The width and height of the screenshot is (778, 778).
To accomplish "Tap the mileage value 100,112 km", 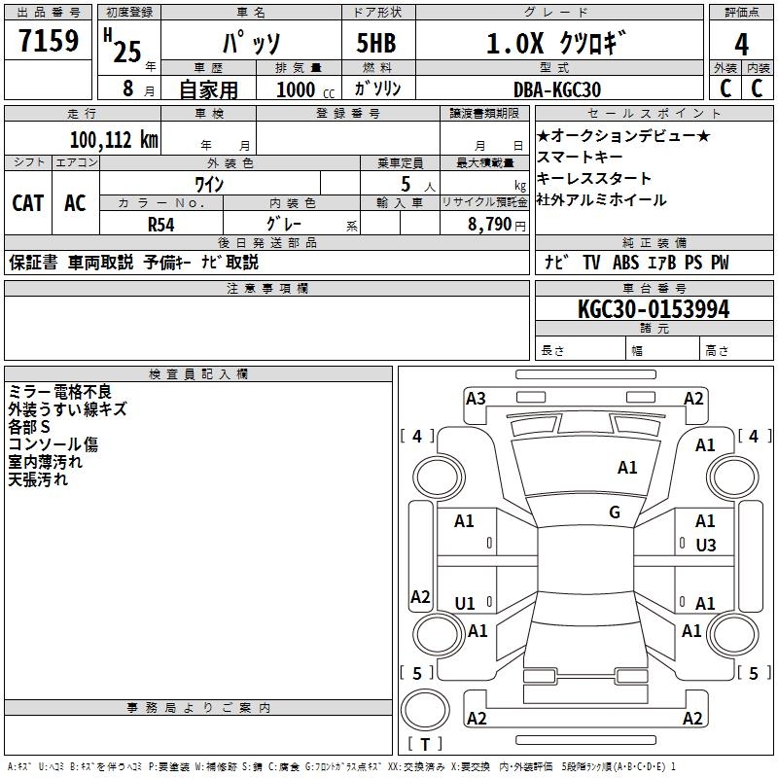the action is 114,140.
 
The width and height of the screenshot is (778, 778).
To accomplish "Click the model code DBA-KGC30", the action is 556,89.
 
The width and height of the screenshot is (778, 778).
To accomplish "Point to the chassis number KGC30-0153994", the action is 653,309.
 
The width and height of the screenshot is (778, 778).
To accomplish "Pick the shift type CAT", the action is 27,202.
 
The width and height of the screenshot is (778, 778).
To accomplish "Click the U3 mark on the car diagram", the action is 705,546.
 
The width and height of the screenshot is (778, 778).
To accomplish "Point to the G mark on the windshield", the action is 615,513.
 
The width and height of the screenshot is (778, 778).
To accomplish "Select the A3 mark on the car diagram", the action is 476,398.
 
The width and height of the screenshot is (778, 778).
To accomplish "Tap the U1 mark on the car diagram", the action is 465,604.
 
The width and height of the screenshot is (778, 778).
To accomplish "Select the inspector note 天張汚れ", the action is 38,479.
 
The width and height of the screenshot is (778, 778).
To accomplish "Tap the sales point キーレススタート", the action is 594,179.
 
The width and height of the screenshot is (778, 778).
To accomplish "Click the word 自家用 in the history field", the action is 208,89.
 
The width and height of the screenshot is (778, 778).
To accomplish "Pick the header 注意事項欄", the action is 267,289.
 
